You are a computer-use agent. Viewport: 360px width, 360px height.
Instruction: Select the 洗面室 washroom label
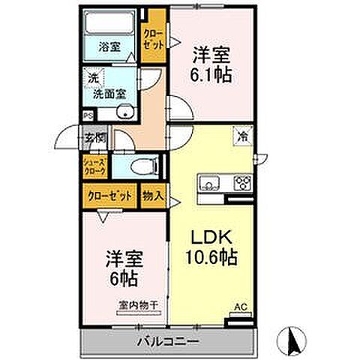pos(109,94)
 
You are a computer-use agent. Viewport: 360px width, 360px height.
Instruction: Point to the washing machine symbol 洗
pos(94,78)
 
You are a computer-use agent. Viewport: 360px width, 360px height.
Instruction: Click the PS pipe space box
pos(88,115)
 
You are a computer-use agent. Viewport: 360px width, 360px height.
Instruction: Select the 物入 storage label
pos(152,194)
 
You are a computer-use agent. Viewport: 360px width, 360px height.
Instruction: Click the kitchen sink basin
pos(208,183)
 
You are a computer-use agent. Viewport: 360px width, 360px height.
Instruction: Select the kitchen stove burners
pos(242,182)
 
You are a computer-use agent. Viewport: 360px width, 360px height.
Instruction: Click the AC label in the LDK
pos(240,306)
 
